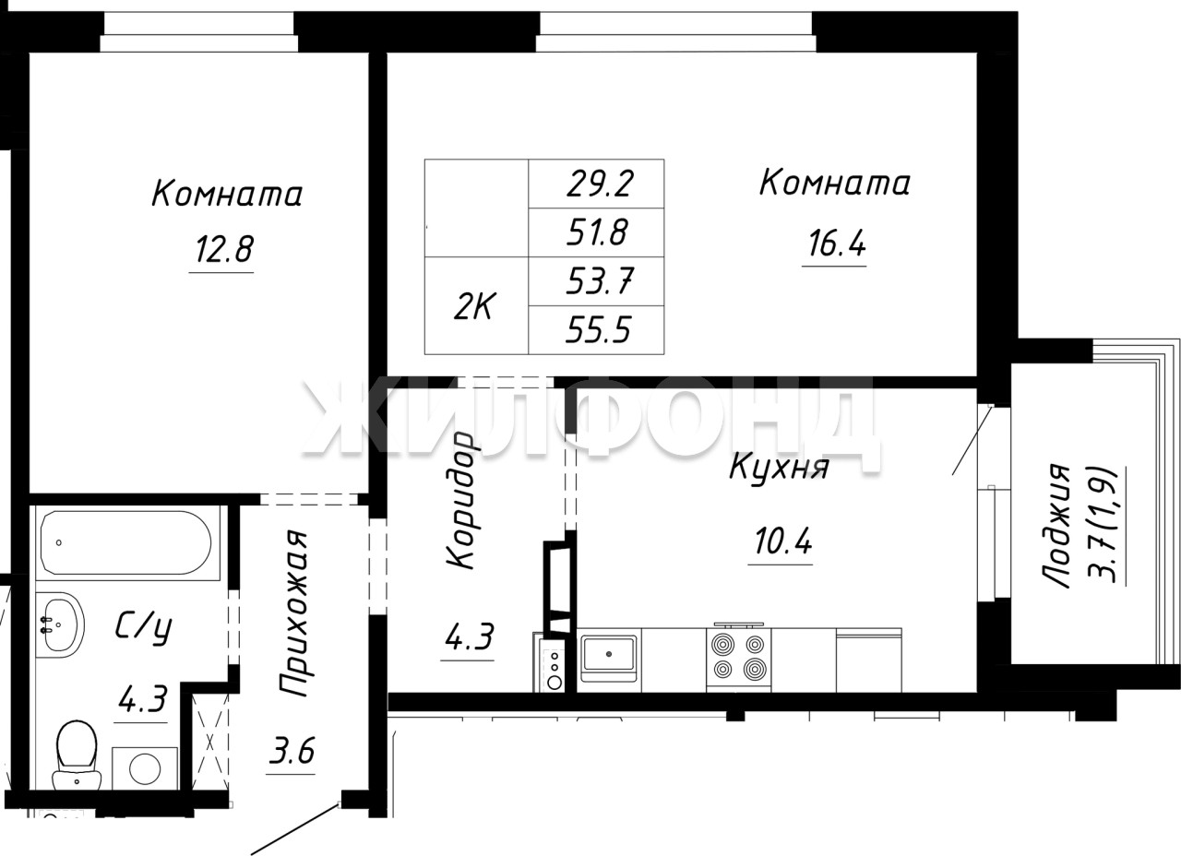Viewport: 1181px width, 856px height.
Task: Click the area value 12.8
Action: point(225,249)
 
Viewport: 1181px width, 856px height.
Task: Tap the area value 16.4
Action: point(837,244)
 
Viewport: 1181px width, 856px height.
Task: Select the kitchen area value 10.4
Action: point(783,541)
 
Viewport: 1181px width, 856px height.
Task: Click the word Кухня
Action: point(780,467)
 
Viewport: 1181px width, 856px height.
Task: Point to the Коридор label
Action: point(462,500)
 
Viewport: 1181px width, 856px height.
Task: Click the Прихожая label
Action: point(293,613)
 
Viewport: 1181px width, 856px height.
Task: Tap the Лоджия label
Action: point(1057,526)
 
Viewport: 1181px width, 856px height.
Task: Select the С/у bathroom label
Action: point(143,628)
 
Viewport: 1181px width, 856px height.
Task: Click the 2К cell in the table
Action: point(473,307)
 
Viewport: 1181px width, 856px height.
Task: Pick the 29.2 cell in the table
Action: point(600,184)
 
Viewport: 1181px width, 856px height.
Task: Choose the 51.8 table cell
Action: point(597,232)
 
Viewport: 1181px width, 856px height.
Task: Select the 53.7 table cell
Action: point(600,281)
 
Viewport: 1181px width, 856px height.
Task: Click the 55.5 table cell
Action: point(599,330)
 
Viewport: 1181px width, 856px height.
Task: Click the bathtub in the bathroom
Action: point(127,542)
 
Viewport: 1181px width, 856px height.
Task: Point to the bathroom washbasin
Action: point(60,624)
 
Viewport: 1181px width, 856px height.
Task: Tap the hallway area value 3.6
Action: point(291,751)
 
